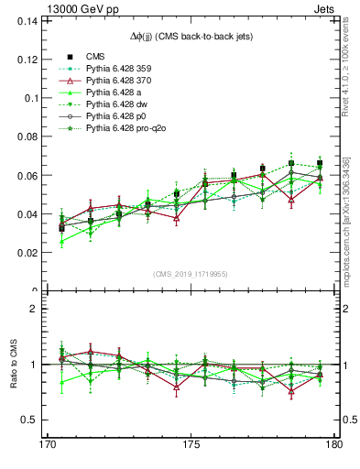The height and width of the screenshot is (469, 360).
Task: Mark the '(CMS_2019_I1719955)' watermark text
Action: click(191, 274)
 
